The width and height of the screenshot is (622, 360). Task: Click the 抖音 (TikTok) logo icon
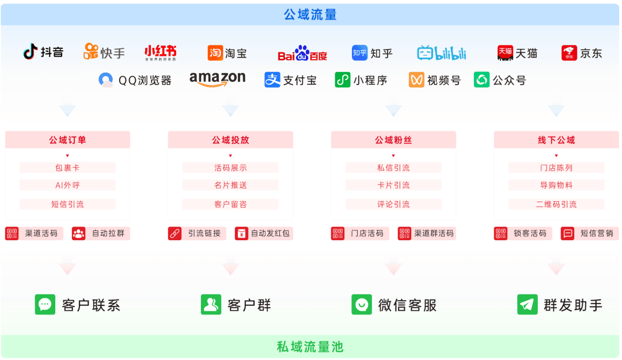click(x=30, y=52)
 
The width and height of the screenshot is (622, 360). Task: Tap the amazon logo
click(x=217, y=78)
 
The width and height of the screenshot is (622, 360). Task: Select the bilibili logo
click(x=442, y=53)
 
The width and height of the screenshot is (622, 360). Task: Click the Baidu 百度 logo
click(x=302, y=53)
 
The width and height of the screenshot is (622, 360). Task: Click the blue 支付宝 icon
click(x=272, y=80)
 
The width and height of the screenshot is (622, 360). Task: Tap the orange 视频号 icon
click(x=416, y=80)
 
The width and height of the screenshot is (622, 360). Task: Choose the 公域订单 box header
click(x=67, y=140)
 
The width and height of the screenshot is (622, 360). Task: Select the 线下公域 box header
click(x=556, y=140)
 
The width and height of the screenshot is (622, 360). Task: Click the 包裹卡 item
click(x=67, y=168)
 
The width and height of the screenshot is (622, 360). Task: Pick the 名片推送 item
click(x=230, y=185)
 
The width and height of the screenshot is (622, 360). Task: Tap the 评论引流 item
click(x=393, y=204)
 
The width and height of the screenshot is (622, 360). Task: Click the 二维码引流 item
click(x=556, y=204)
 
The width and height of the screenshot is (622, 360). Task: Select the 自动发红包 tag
click(x=263, y=233)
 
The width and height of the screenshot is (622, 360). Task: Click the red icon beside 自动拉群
click(x=78, y=233)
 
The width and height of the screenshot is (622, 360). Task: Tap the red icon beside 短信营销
click(x=567, y=233)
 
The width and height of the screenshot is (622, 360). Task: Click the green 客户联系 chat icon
click(x=45, y=305)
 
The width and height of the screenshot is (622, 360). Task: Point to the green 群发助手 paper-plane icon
click(x=528, y=305)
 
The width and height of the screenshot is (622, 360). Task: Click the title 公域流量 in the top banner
click(x=310, y=14)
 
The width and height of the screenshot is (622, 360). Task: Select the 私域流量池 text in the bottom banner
click(x=310, y=347)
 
